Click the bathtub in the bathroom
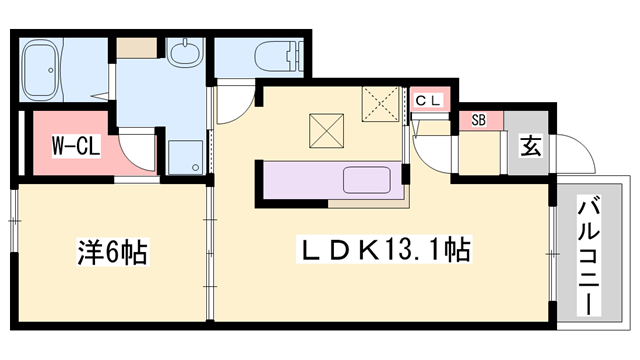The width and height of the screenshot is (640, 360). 41,70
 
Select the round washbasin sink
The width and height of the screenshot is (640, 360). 185,53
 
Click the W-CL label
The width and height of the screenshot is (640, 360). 76,147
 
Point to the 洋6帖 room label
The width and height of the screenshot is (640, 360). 113,251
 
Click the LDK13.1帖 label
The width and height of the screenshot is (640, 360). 384,249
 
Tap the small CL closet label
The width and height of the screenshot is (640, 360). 428,100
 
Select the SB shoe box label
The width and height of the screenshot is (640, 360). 478,120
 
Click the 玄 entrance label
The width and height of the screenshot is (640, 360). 531,146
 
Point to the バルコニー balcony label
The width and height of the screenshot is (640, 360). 589,256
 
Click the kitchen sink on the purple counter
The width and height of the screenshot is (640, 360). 367,180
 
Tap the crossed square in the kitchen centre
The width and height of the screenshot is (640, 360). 326,131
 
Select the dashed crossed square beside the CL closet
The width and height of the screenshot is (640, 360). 380,104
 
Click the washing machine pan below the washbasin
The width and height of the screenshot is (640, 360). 186,158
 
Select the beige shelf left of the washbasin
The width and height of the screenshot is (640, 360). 137,48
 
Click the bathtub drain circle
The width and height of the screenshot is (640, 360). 51,70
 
